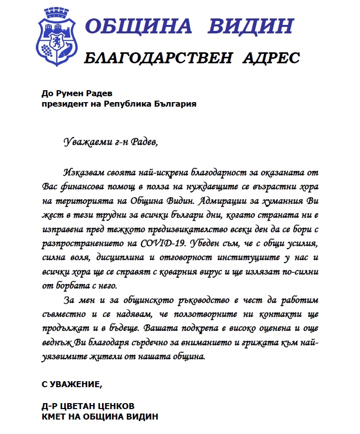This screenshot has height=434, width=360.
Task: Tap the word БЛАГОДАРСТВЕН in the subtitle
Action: pyautogui.click(x=159, y=58)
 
